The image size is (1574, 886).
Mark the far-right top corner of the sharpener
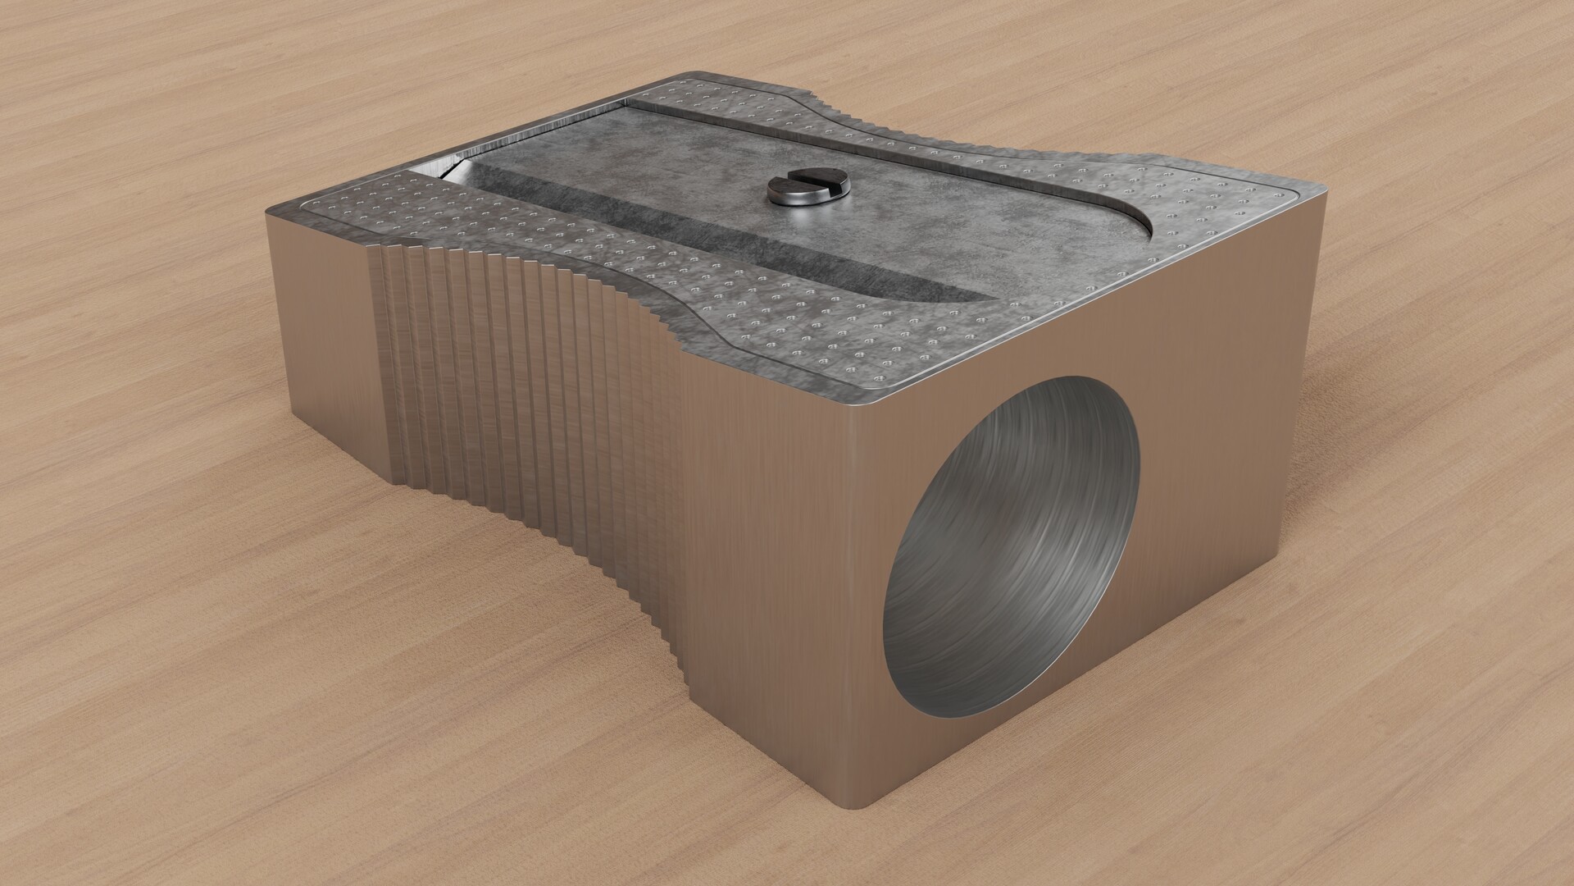[1320, 197]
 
